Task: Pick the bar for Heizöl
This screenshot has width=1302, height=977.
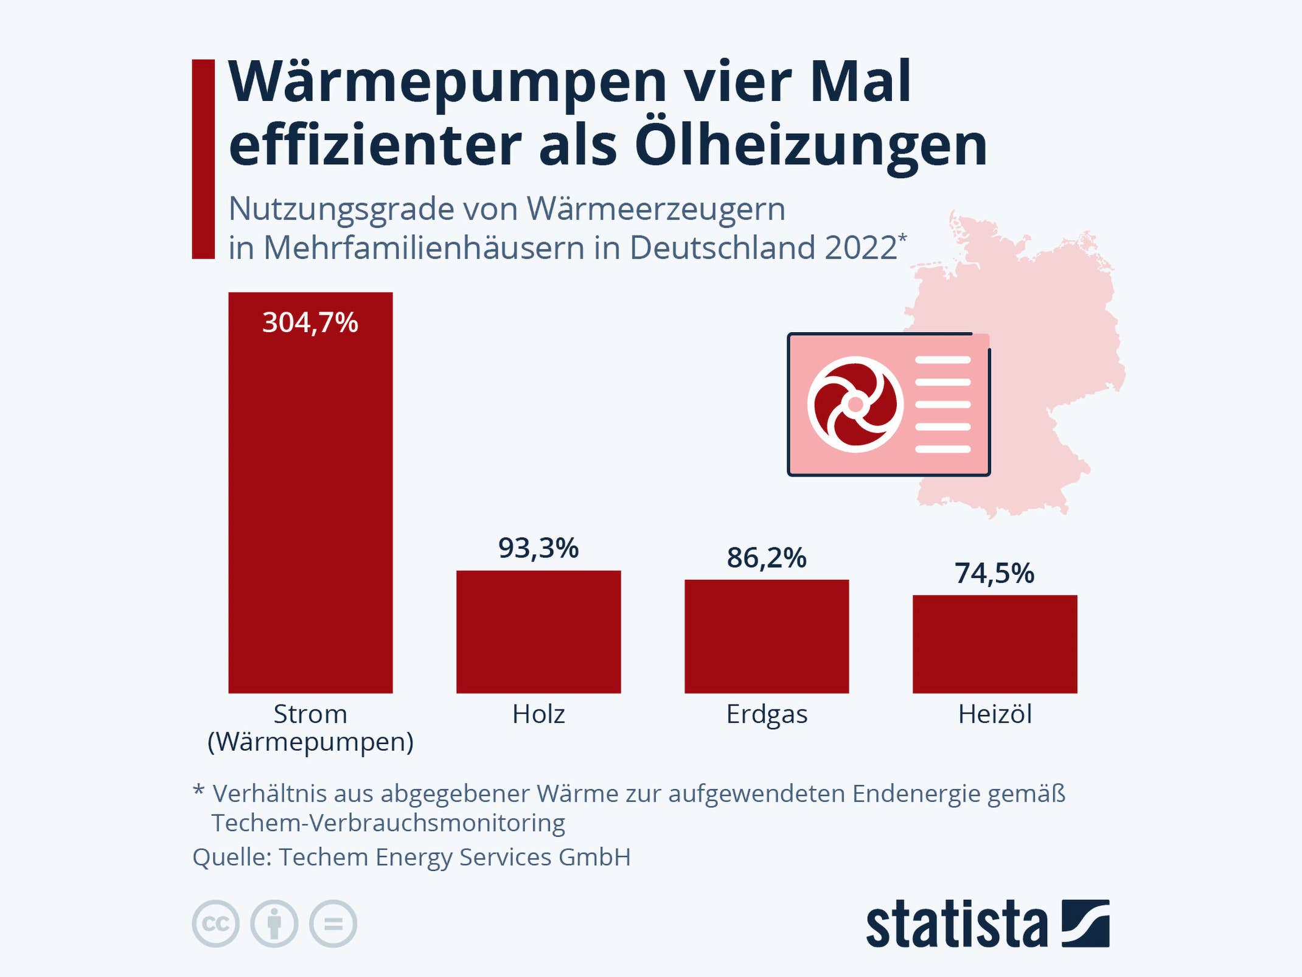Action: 995,644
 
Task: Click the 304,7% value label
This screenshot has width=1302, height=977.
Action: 310,322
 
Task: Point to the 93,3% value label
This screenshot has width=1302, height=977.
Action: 538,548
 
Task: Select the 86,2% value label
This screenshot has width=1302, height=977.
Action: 767,558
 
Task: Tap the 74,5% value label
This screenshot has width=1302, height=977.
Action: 994,574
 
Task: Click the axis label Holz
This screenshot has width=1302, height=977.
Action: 538,714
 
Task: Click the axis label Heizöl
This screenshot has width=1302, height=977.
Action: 995,714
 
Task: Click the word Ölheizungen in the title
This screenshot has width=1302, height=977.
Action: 810,146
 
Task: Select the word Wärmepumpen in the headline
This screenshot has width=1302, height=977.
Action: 448,82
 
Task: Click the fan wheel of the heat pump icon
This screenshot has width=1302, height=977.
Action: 855,405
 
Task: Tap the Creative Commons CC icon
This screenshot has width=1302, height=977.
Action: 215,923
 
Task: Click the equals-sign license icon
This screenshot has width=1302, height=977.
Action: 333,923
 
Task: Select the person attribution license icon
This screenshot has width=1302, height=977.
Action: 274,923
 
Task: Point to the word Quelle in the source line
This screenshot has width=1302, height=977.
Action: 231,857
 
